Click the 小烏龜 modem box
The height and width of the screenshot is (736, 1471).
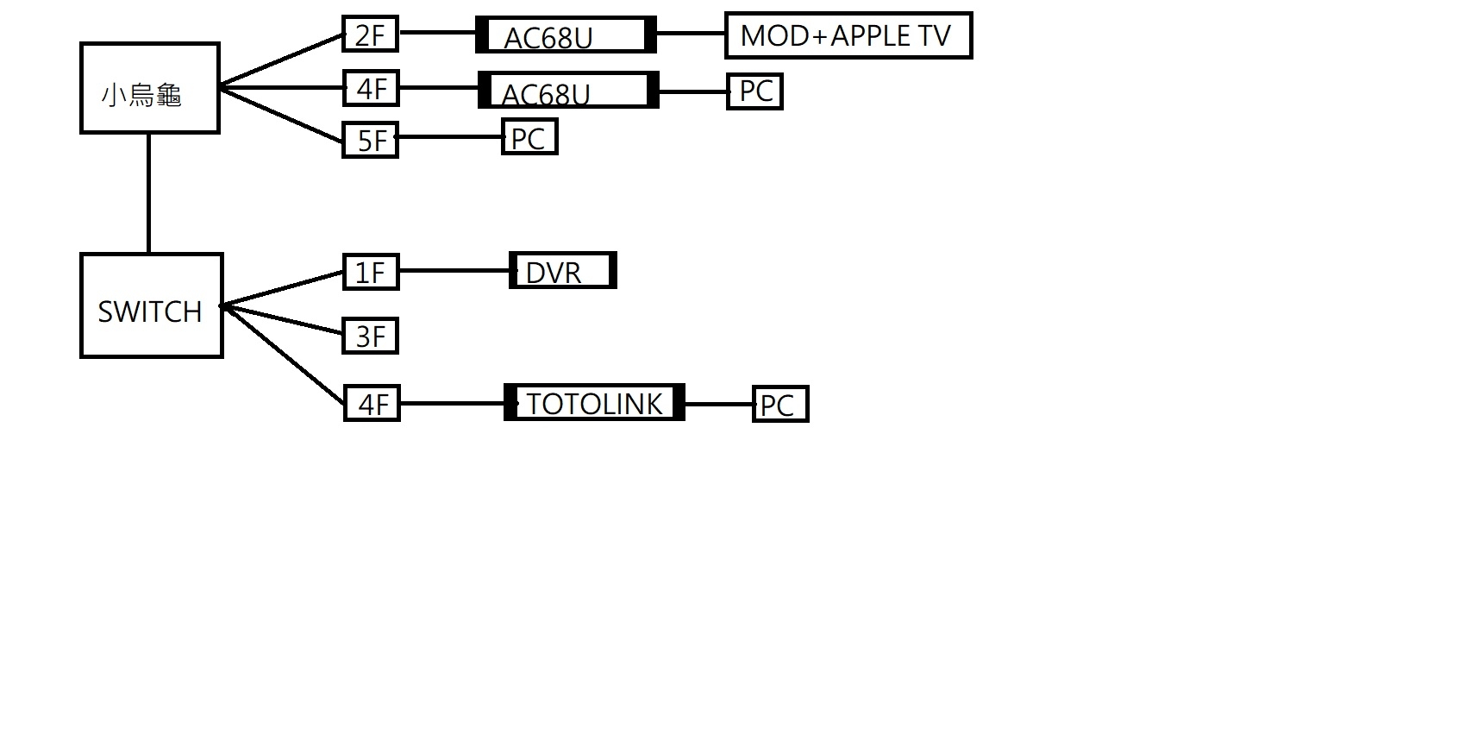[150, 88]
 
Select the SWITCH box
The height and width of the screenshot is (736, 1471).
[152, 305]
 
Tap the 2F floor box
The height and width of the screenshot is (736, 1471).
[371, 34]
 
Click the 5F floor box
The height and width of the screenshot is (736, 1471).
[371, 139]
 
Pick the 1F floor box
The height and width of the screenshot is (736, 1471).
[371, 272]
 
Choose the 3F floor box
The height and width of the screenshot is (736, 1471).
[371, 336]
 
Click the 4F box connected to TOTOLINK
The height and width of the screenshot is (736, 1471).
[372, 403]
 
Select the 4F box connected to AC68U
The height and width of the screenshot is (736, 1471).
[371, 88]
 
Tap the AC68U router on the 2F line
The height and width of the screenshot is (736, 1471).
[566, 35]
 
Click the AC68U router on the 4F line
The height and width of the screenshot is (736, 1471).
[569, 90]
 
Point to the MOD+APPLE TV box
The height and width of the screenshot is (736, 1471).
[848, 35]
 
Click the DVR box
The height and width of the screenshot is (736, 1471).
[563, 270]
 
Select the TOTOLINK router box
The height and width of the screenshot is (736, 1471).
[594, 402]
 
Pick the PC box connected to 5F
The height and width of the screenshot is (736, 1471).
[529, 136]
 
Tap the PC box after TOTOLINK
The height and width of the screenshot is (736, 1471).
[780, 404]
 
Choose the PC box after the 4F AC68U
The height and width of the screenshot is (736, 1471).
[754, 91]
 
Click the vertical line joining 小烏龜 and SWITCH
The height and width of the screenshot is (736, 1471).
[149, 193]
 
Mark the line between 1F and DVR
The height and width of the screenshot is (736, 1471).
[454, 270]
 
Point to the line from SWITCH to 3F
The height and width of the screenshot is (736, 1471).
[283, 319]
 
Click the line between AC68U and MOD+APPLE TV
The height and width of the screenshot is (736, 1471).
[691, 33]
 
